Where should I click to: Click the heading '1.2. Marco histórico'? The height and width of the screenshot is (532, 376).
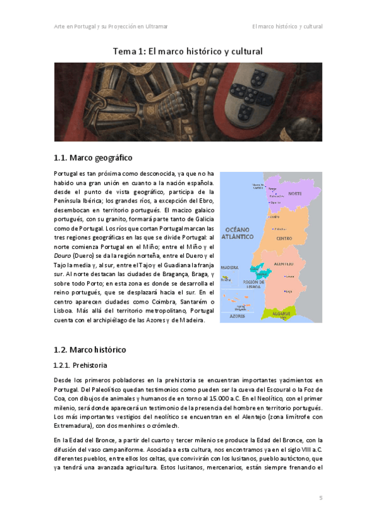point(90,349)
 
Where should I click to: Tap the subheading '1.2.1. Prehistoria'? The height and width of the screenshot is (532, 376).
point(80,364)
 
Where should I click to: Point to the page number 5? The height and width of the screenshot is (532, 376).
point(320,497)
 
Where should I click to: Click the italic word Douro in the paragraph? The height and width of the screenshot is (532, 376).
point(63,255)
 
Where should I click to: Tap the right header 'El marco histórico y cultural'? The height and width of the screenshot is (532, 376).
point(287,26)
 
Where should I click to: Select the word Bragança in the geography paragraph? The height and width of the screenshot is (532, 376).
point(155,274)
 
